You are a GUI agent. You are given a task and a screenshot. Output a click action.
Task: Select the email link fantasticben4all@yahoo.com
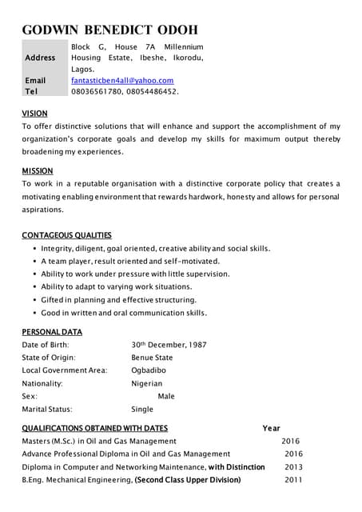[x=122, y=81]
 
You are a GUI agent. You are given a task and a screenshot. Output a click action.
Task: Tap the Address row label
[x=41, y=58]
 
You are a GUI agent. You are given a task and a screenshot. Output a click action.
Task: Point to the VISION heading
[x=34, y=114]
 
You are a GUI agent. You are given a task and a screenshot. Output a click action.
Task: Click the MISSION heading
[x=38, y=170]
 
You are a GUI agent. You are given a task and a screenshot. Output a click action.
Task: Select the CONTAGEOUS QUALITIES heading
[x=66, y=235]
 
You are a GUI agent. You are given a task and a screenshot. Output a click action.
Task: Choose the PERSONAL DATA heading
[x=52, y=332]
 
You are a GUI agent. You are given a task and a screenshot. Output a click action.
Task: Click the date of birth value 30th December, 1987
[x=169, y=345]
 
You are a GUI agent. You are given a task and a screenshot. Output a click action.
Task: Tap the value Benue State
[x=152, y=358]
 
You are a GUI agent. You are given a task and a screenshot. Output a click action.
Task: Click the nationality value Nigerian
[x=148, y=383]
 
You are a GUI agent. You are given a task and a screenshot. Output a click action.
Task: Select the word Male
[x=166, y=396]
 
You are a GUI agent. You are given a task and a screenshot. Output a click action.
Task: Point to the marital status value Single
[x=142, y=409]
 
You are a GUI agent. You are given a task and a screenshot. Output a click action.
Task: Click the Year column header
[x=271, y=428]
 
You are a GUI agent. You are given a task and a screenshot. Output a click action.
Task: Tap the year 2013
[x=293, y=466]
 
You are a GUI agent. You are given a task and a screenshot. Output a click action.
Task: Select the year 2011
[x=293, y=479]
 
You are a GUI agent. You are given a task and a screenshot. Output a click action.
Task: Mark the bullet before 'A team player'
[x=34, y=262]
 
